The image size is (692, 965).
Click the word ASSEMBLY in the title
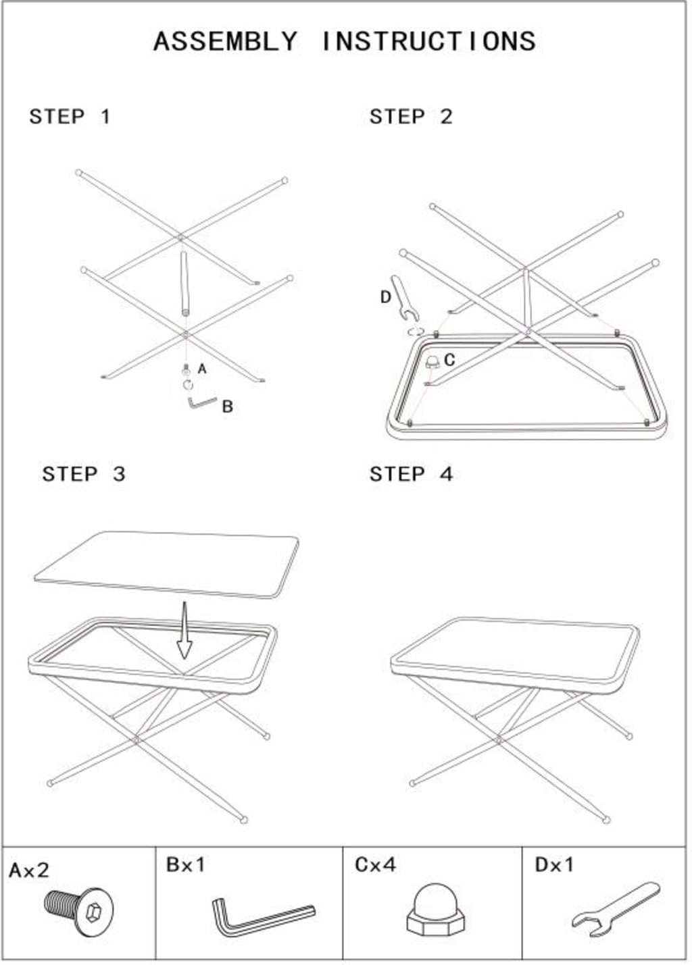click(x=225, y=42)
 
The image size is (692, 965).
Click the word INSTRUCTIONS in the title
click(x=429, y=42)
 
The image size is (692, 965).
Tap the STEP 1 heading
click(x=70, y=117)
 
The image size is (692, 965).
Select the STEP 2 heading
click(x=411, y=117)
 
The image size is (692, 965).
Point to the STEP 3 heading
click(x=84, y=474)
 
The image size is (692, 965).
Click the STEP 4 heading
click(x=411, y=474)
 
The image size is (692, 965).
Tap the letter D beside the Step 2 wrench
click(x=385, y=297)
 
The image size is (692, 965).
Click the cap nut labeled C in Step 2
click(x=432, y=362)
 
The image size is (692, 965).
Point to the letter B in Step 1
click(x=227, y=407)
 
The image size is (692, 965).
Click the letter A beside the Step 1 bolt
click(x=202, y=369)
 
